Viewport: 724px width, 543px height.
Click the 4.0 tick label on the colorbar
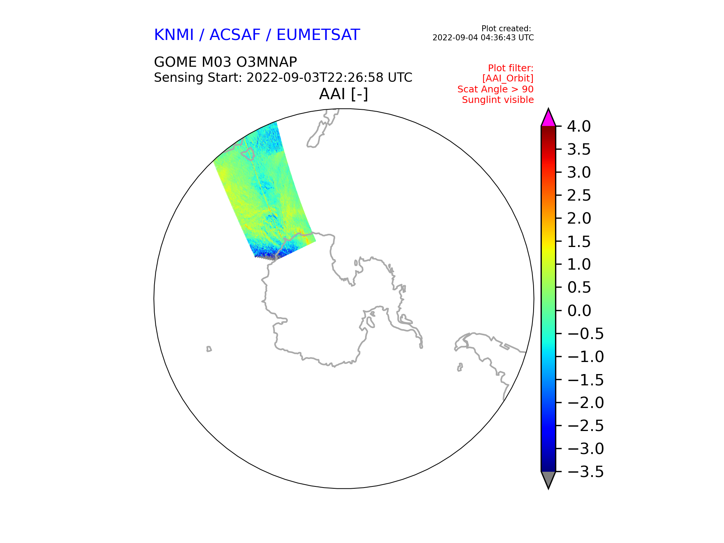579,127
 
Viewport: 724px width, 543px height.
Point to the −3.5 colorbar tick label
586,472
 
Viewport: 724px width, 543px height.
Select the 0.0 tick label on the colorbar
579,311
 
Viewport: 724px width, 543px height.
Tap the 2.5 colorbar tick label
579,196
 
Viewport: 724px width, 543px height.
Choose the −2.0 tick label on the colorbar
586,403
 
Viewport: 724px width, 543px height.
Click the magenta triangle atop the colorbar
548,118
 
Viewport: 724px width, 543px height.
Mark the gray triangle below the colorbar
548,479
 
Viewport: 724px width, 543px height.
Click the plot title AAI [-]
344,94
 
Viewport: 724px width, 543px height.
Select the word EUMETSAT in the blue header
318,35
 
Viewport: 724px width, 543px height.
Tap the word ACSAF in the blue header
235,35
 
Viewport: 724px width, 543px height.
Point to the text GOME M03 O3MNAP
225,62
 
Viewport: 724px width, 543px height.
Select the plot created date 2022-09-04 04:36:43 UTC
483,38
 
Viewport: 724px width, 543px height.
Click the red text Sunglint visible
498,100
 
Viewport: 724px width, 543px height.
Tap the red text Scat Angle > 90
495,89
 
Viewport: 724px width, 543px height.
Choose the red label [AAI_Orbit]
508,78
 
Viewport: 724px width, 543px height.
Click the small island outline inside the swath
247,153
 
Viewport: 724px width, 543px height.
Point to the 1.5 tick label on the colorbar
579,242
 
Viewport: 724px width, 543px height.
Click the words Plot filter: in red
511,68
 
